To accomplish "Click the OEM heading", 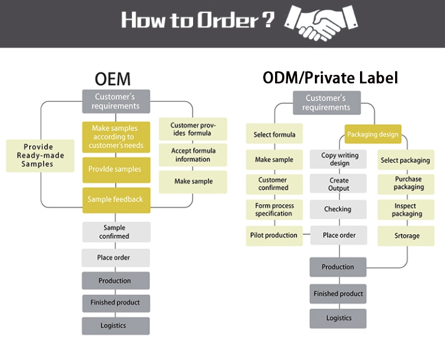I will pyautogui.click(x=112, y=79).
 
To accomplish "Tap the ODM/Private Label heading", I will pyautogui.click(x=330, y=78).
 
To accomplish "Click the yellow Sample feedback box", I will pyautogui.click(x=116, y=200).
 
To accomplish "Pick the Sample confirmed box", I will pyautogui.click(x=116, y=232).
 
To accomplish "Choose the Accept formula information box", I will pyautogui.click(x=192, y=155).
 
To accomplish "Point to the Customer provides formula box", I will pyautogui.click(x=192, y=129).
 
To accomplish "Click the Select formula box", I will pyautogui.click(x=274, y=134).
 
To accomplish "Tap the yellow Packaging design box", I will pyautogui.click(x=373, y=134).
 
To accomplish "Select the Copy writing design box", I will pyautogui.click(x=337, y=159).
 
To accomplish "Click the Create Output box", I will pyautogui.click(x=338, y=184).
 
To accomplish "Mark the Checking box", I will pyautogui.click(x=337, y=209).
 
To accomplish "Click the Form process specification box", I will pyautogui.click(x=274, y=209).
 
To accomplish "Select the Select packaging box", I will pyautogui.click(x=405, y=160).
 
